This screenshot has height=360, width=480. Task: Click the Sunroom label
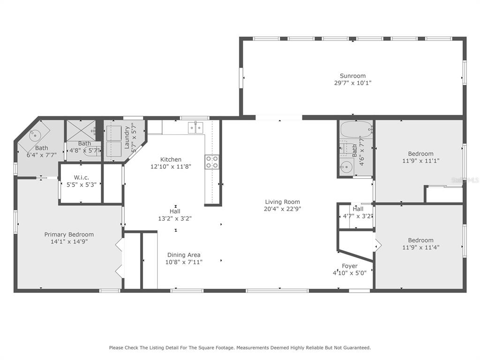point(352,75)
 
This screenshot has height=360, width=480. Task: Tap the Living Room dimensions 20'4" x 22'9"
point(282,209)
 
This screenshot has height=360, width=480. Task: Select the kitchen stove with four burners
point(212,162)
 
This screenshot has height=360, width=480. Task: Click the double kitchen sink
point(195,128)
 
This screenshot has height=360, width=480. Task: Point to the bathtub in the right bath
point(356,130)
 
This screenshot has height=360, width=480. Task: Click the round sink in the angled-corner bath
point(35,134)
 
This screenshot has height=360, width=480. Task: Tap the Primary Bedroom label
point(69,234)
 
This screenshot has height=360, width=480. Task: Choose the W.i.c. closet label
point(82,178)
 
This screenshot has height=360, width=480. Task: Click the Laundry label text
point(127,137)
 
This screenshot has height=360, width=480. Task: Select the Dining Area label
point(184,255)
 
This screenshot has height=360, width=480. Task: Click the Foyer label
point(350,266)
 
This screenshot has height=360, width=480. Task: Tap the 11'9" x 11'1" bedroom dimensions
point(420,161)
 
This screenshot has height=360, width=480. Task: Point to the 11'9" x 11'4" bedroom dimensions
point(420,247)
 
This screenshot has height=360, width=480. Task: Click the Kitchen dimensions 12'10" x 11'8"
point(171,166)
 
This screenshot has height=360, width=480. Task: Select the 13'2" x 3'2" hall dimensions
point(175,218)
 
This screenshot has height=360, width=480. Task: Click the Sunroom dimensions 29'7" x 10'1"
point(352,82)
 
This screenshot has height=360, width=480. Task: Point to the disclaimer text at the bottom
point(240,348)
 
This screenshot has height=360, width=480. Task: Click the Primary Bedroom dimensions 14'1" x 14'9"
point(69,241)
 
